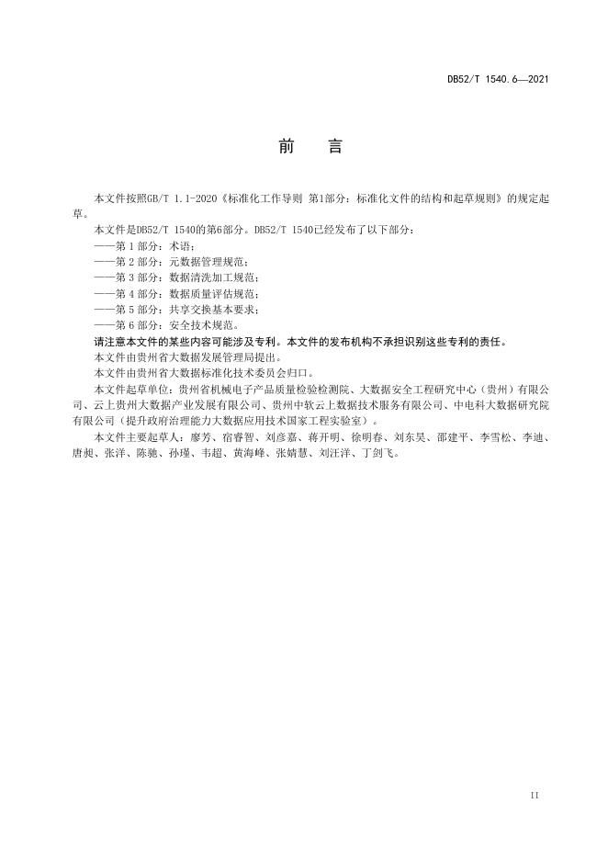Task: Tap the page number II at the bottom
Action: click(x=535, y=793)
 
